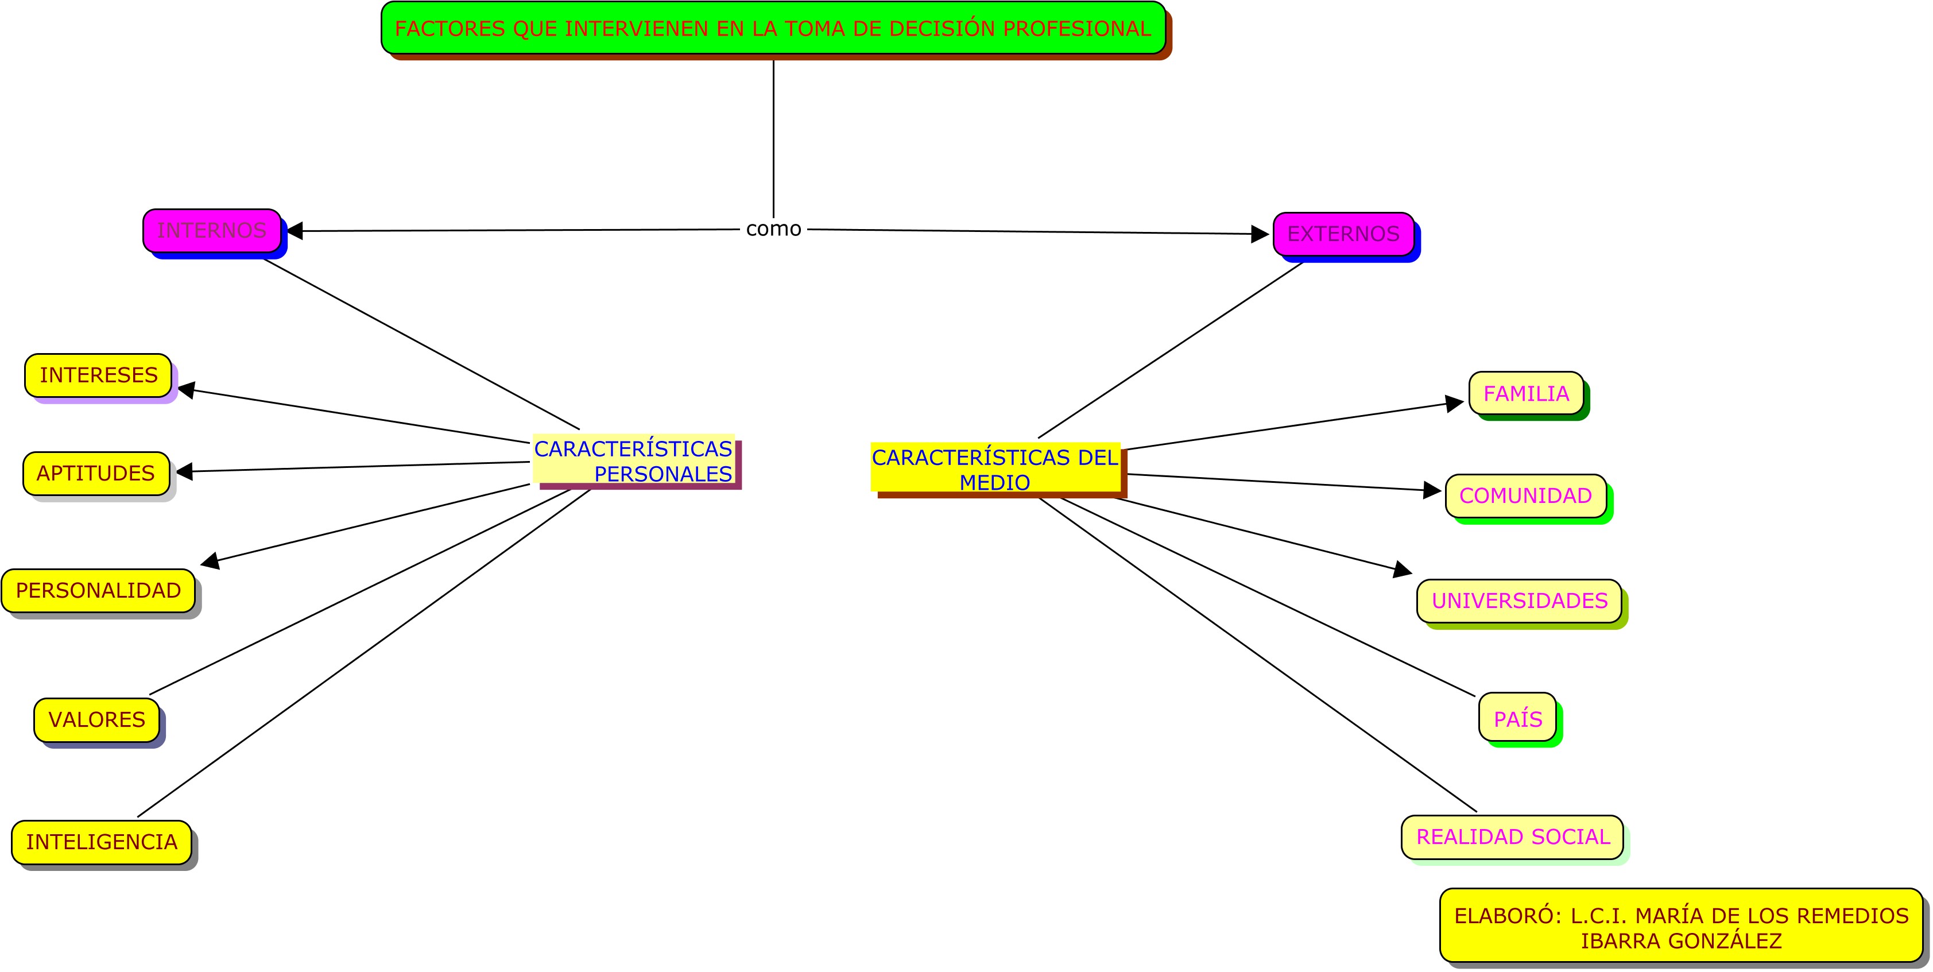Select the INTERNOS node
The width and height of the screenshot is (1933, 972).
click(212, 230)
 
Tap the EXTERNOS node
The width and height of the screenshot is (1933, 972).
click(1343, 234)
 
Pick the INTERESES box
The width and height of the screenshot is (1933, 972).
click(98, 375)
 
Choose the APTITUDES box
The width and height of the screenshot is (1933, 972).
click(96, 474)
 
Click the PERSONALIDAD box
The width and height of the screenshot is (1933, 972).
click(98, 591)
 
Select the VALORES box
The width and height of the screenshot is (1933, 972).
click(97, 720)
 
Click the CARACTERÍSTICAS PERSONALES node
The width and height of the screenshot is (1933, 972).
click(633, 461)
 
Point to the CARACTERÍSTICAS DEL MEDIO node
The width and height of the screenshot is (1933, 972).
click(995, 469)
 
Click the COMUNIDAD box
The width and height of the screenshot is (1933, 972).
click(1525, 495)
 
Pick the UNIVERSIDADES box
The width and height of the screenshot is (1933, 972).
click(1520, 601)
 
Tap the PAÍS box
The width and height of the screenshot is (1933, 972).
click(1517, 718)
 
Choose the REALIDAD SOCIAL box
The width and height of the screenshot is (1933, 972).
click(1513, 837)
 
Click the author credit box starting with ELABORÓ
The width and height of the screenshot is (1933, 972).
click(1681, 927)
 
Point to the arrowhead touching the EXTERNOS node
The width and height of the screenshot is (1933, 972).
click(1260, 234)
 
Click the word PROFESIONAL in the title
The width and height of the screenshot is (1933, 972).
click(1077, 29)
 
